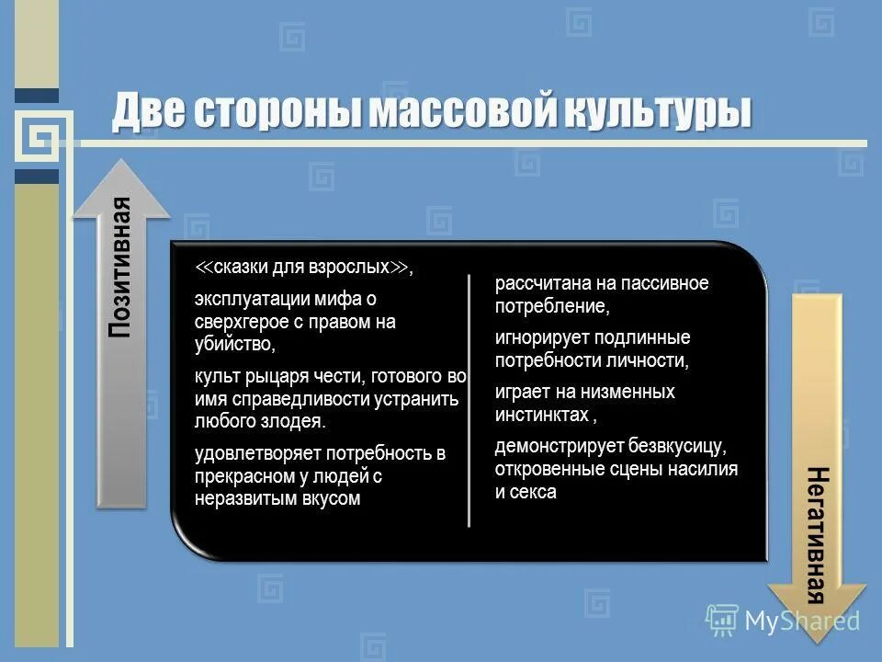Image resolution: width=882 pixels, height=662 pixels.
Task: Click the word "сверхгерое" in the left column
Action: [x=236, y=322]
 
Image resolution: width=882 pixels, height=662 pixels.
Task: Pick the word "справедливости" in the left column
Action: [x=291, y=399]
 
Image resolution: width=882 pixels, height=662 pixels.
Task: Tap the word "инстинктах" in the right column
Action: [x=541, y=415]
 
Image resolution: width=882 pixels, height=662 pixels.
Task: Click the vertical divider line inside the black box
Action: [x=469, y=400]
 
